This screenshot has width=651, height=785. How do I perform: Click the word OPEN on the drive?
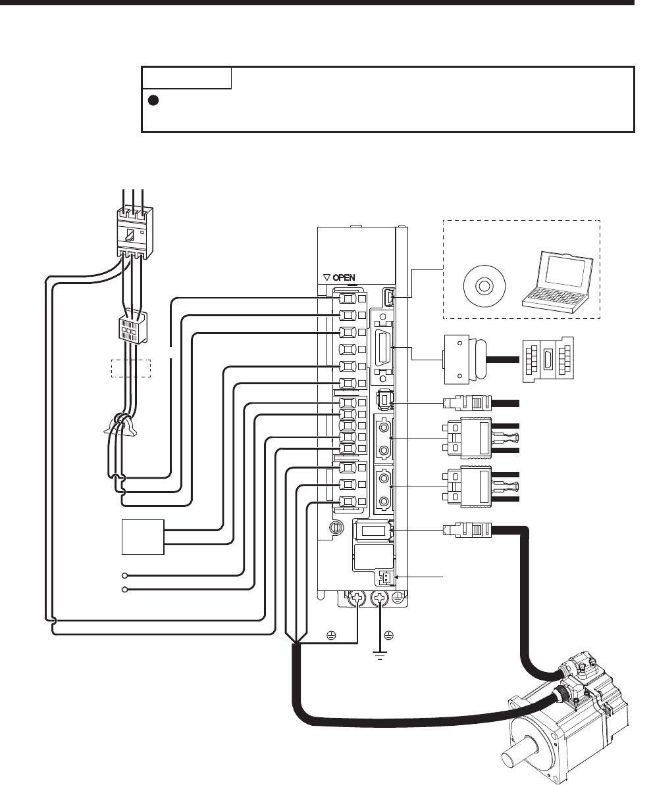click(344, 277)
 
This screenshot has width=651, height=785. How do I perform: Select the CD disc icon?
click(483, 287)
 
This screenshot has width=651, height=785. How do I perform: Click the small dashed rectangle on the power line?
click(130, 368)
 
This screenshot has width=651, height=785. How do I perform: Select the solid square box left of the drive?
click(143, 537)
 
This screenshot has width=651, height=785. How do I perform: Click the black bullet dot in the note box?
click(154, 101)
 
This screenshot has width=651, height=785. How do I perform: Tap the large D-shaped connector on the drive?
click(383, 347)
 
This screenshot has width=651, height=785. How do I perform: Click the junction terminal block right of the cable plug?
click(548, 360)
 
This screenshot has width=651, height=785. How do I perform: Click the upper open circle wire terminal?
click(124, 575)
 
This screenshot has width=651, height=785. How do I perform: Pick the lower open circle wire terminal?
click(124, 590)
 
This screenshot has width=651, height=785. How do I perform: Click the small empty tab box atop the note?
click(187, 78)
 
